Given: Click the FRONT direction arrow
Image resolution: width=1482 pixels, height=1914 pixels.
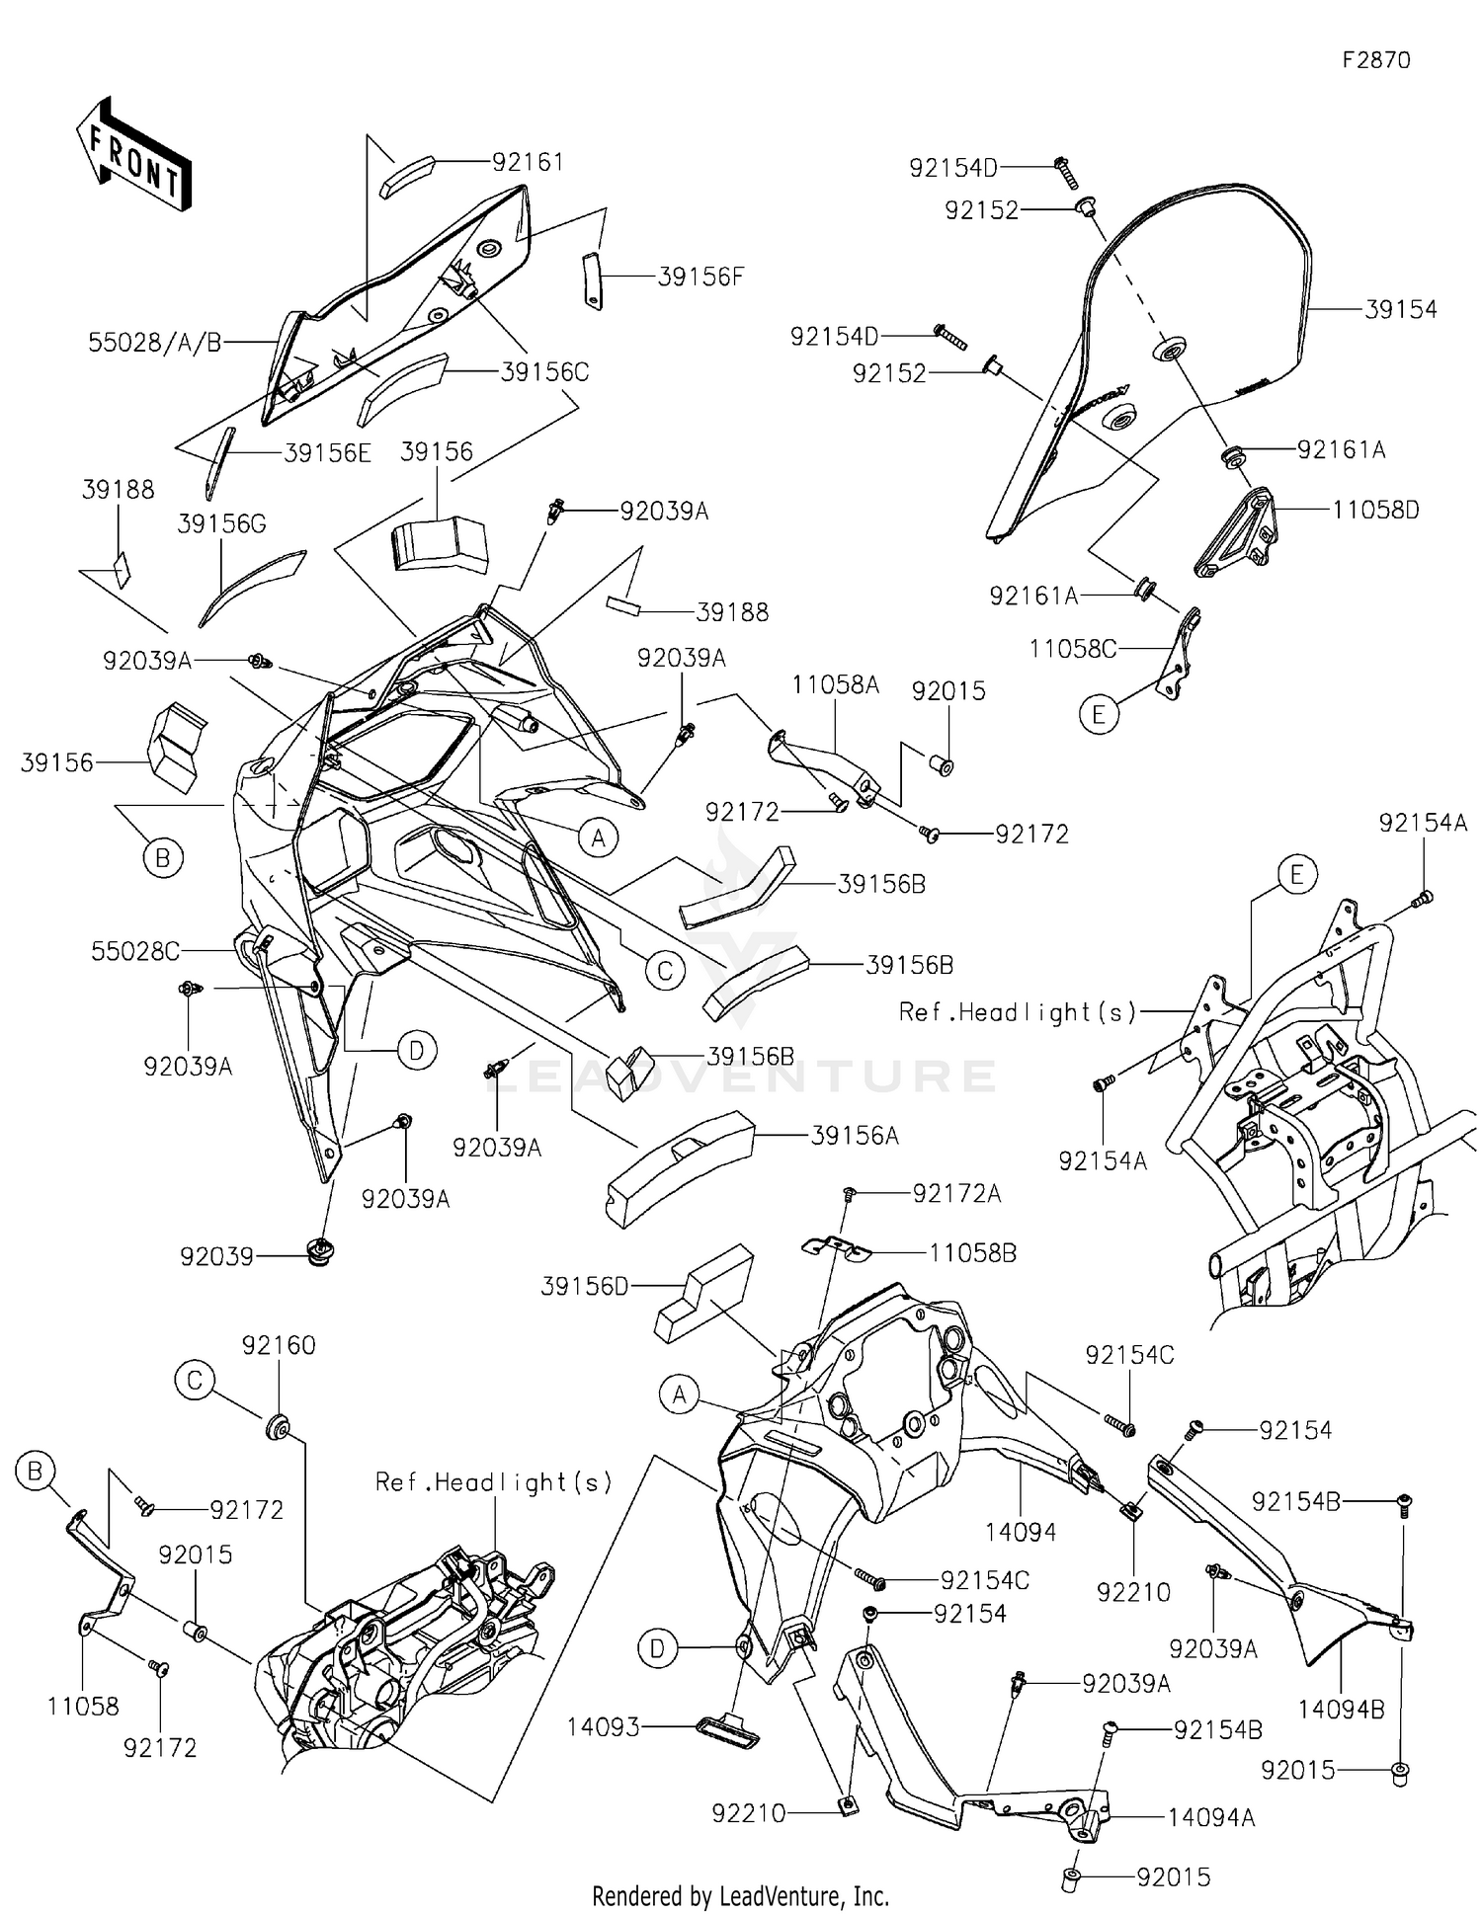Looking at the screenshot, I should (x=133, y=155).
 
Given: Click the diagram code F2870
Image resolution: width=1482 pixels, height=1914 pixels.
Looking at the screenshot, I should (x=1375, y=60).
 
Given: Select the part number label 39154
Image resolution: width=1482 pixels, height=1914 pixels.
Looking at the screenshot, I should (x=1400, y=309).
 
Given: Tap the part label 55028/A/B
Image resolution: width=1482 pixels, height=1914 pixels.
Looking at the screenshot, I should (x=155, y=343).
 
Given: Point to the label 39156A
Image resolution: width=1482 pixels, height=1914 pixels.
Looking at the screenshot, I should (x=855, y=1136).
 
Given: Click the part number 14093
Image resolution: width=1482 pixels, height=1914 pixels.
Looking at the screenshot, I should (x=603, y=1726).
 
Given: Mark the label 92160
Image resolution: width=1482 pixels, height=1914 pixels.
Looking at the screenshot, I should (x=279, y=1345).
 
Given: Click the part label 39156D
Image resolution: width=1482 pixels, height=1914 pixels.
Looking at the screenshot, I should (x=584, y=1286).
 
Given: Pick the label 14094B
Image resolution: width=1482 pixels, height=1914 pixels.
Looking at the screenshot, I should (x=1341, y=1710).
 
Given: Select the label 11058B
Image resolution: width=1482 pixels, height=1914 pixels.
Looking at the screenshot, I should (x=972, y=1252).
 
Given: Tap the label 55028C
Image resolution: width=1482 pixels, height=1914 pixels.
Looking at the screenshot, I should (x=135, y=951).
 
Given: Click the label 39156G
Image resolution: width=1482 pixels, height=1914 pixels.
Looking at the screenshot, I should (x=221, y=523).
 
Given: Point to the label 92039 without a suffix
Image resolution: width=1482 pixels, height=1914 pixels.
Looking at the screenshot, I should (x=216, y=1256).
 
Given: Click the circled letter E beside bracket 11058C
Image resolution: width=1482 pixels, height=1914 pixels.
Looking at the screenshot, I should (x=1099, y=713).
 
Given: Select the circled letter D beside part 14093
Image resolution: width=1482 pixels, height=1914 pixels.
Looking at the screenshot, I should (x=658, y=1647).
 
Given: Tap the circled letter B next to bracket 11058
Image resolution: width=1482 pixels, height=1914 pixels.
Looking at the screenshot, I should (x=35, y=1473).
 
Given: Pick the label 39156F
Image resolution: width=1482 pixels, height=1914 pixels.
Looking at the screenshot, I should (x=700, y=277).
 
